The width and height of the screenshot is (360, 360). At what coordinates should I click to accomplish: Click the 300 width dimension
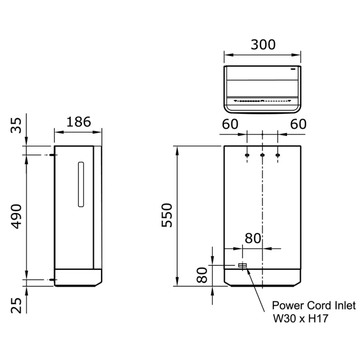(263, 44)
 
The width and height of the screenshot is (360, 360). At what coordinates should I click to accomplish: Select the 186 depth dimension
(78, 122)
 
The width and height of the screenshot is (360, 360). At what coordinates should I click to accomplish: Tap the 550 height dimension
(167, 215)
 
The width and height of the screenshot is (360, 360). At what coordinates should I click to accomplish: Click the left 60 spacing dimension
(230, 124)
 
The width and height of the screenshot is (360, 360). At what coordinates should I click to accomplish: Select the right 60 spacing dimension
(298, 124)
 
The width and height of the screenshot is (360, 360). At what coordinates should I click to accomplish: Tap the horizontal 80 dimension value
(253, 238)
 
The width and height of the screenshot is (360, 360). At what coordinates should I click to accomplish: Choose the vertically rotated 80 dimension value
(202, 275)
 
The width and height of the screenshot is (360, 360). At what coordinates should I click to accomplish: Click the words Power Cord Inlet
(314, 306)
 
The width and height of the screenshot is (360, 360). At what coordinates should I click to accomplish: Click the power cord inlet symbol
(242, 265)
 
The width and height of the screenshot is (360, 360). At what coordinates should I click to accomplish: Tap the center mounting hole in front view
(262, 155)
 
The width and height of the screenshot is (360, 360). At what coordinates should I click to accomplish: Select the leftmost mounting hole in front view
(247, 155)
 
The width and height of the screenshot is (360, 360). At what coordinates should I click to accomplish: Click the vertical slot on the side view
(81, 184)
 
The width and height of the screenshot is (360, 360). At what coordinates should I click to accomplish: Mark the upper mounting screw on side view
(52, 155)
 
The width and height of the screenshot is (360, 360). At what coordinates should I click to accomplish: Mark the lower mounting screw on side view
(52, 280)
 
